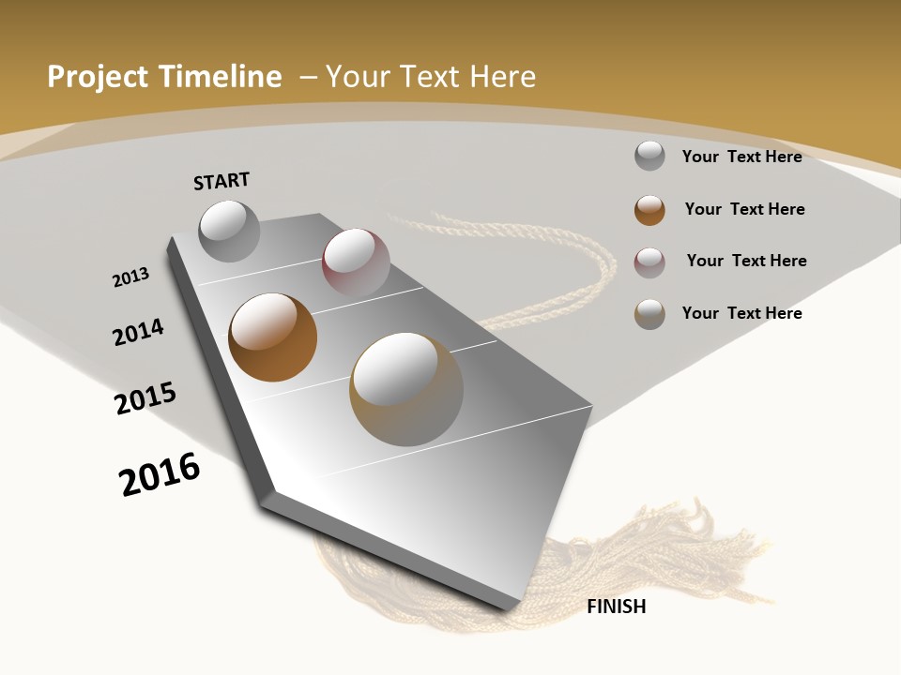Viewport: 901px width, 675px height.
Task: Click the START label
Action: click(x=221, y=181)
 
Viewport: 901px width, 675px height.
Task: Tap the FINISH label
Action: click(x=616, y=607)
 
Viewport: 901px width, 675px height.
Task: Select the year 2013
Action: click(x=130, y=277)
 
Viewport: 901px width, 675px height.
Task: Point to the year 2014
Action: click(x=138, y=333)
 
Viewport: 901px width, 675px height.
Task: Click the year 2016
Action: click(x=160, y=474)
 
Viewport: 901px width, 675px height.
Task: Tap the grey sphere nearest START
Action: click(x=230, y=231)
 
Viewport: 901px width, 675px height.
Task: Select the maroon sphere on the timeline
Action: click(x=356, y=262)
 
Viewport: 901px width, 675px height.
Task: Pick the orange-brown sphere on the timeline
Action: click(x=272, y=337)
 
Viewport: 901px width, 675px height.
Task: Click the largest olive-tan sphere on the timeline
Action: click(x=406, y=389)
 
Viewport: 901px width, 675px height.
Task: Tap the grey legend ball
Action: click(x=649, y=156)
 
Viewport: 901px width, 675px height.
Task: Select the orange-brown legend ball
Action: click(x=649, y=210)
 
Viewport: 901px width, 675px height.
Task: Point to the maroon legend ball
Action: click(x=649, y=262)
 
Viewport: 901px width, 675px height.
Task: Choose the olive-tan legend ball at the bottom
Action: click(x=649, y=314)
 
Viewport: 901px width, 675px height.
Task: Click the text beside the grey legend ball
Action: click(x=741, y=157)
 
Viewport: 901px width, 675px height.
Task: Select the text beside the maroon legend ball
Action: click(x=746, y=261)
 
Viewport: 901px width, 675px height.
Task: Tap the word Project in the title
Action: click(x=99, y=77)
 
